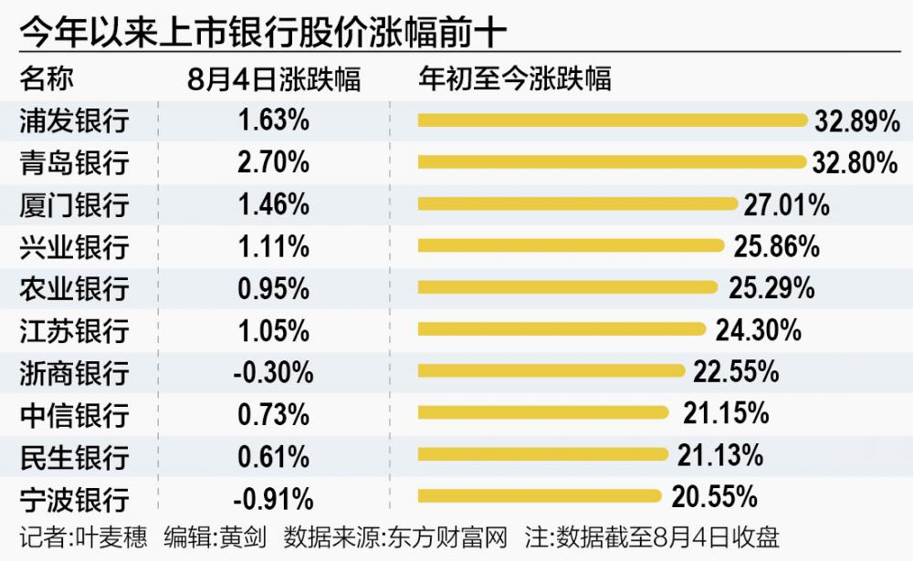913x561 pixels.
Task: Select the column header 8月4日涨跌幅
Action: (274, 78)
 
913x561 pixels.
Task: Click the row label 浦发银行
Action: (74, 120)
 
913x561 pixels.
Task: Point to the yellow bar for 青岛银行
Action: (613, 162)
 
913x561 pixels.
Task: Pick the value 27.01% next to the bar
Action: (786, 204)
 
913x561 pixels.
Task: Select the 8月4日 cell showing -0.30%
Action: (274, 372)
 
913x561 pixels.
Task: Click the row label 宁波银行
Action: (74, 499)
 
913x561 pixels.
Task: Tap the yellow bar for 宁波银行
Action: (539, 496)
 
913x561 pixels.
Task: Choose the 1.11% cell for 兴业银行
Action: (274, 246)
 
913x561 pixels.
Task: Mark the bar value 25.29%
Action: (771, 288)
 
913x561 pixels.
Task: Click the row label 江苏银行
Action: (74, 330)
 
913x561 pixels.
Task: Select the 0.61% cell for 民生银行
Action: (274, 456)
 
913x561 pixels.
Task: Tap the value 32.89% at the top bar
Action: (855, 120)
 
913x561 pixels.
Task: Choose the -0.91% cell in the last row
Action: (274, 499)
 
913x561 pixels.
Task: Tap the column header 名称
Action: (46, 78)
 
